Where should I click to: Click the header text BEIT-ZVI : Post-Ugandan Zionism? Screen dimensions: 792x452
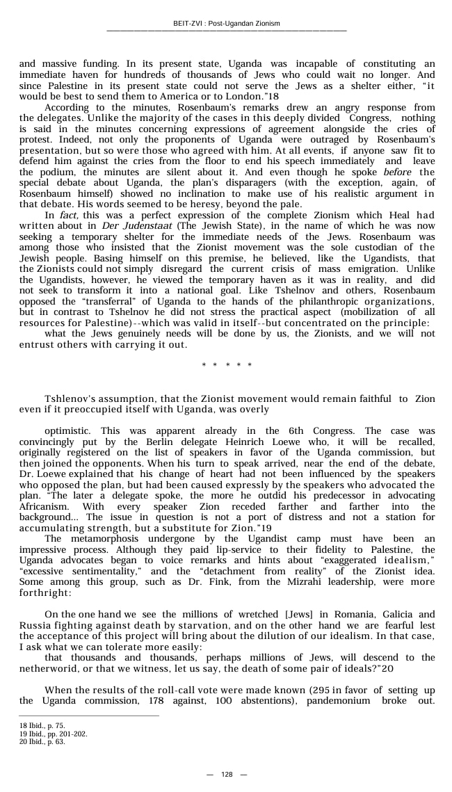point(226,24)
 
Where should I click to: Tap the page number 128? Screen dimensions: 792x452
point(226,774)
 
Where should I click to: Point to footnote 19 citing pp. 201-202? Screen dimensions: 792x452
point(53,734)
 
